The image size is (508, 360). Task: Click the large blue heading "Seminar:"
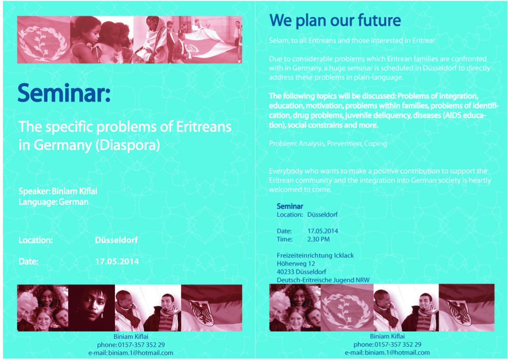click(x=64, y=93)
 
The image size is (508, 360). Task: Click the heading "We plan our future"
click(x=335, y=20)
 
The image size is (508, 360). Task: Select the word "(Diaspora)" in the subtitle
click(x=128, y=145)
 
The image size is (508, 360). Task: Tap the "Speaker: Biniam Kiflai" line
click(x=58, y=191)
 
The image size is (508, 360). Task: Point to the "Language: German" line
click(x=53, y=202)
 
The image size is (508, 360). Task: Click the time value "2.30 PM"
click(x=319, y=239)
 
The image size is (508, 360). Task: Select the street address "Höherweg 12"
click(x=296, y=264)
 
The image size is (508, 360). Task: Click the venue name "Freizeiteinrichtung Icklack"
click(x=315, y=256)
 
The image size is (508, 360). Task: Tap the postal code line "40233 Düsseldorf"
click(x=301, y=272)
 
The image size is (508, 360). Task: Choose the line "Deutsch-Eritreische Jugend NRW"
click(x=323, y=280)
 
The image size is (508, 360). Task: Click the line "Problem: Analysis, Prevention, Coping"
click(x=328, y=143)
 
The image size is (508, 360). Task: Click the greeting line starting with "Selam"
click(x=352, y=41)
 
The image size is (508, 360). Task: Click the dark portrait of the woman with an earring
click(x=92, y=308)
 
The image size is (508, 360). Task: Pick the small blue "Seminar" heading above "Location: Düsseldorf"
click(x=290, y=206)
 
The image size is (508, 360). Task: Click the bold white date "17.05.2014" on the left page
click(x=117, y=261)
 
